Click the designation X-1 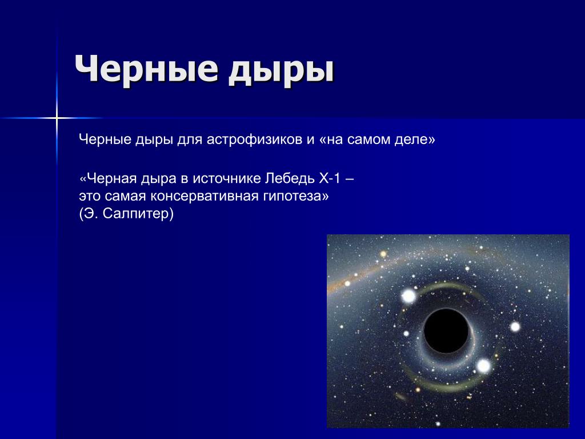(330, 178)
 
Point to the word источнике (226, 179)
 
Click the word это (90, 197)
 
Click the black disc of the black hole (446, 331)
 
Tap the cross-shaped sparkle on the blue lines (57, 118)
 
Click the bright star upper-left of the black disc (409, 297)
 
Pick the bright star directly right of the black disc (515, 327)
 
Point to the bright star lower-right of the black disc (483, 366)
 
